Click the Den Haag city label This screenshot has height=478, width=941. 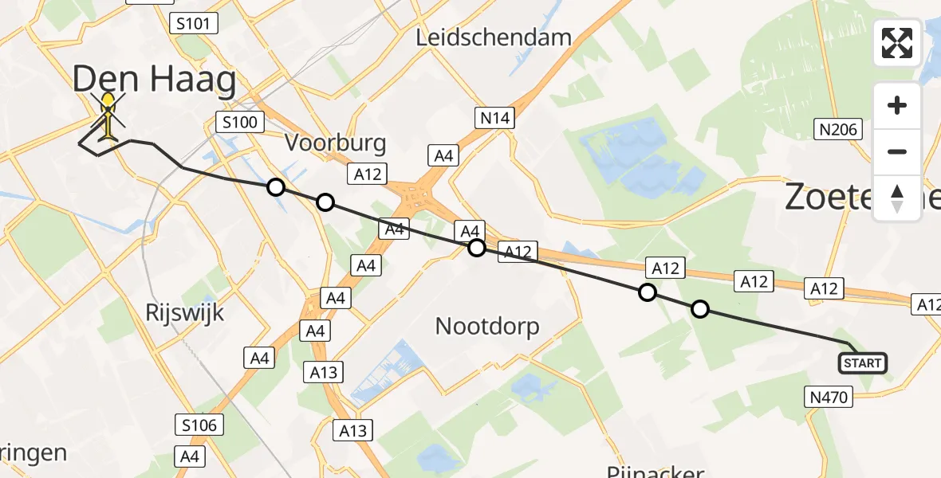[x=155, y=81]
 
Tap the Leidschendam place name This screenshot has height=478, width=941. [x=494, y=37]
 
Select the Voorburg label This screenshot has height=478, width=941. [x=336, y=143]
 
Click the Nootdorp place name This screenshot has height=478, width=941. [x=487, y=326]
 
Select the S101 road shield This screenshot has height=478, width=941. [x=194, y=23]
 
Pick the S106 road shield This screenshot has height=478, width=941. [x=199, y=425]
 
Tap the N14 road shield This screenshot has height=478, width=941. [x=494, y=119]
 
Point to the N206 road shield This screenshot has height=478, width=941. [x=837, y=129]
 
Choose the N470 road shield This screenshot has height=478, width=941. [x=829, y=395]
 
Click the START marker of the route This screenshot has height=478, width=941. [x=862, y=363]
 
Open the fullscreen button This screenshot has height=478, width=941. [x=897, y=43]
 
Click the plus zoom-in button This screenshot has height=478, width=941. [x=897, y=106]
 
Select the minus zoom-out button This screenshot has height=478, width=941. [x=897, y=151]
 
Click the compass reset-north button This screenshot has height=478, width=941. [x=897, y=198]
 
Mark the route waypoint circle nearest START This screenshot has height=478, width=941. [x=699, y=309]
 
